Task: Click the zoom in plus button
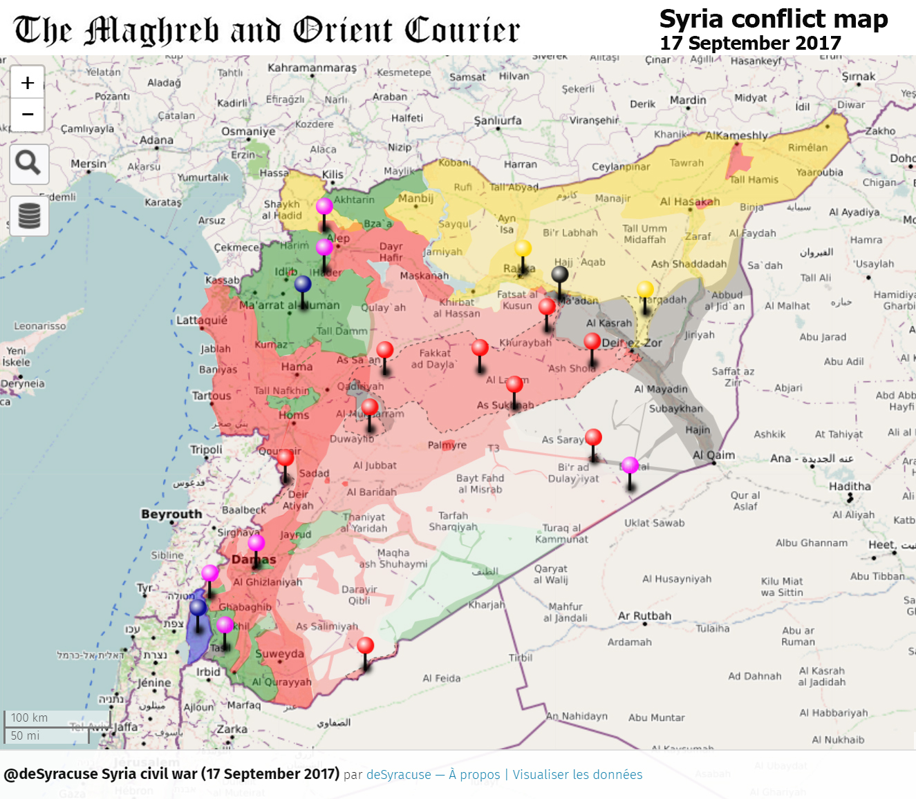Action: tap(28, 83)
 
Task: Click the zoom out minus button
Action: tap(28, 115)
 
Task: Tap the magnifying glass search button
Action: tap(28, 164)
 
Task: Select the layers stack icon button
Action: tap(29, 215)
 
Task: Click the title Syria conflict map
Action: tap(773, 19)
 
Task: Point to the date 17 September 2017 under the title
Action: tap(750, 43)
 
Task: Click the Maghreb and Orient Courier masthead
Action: tap(267, 30)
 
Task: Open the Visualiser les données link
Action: tap(577, 774)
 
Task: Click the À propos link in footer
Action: tap(474, 774)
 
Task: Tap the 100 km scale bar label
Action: tap(30, 718)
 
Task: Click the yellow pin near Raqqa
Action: tap(523, 249)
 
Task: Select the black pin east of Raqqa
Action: tap(560, 275)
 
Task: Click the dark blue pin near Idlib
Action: tap(303, 285)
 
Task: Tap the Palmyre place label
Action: tap(447, 445)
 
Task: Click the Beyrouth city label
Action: tap(171, 514)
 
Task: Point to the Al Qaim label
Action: tap(713, 455)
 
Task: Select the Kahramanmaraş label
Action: tap(312, 68)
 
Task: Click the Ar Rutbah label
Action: tap(644, 615)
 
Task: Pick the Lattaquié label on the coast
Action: tap(202, 320)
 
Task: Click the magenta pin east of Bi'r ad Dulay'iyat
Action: tap(630, 466)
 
